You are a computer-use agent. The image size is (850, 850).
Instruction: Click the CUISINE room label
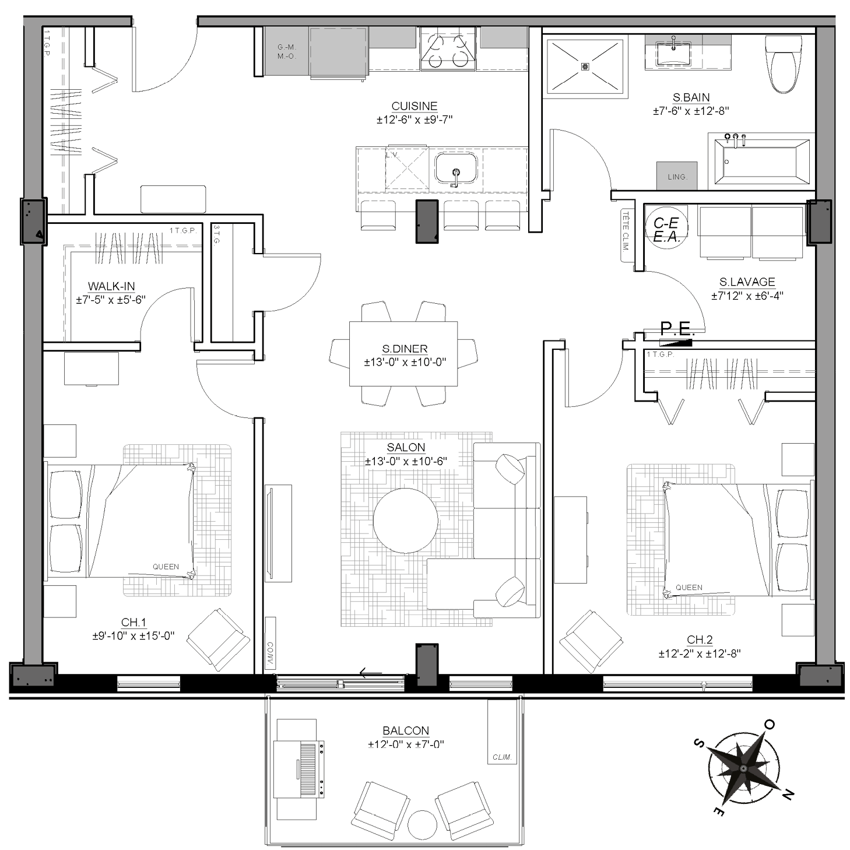coord(414,106)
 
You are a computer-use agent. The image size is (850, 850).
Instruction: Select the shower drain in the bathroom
coord(585,66)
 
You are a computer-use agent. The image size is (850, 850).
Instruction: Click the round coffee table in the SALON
coord(405,521)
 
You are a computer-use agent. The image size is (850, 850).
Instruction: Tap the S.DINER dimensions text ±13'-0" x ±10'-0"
coord(405,362)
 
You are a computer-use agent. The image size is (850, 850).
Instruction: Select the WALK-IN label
coord(111,286)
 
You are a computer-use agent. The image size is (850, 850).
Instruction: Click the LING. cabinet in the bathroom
coord(677,175)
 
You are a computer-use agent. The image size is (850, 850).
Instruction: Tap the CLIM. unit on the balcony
coord(502,739)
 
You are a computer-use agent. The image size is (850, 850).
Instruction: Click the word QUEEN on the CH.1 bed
coord(166,567)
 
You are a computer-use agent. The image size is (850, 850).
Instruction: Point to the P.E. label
coord(677,329)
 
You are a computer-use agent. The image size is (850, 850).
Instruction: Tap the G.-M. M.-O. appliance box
coord(286,52)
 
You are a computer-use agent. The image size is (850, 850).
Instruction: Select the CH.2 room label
coord(700,640)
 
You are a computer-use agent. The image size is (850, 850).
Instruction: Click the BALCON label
coord(406,731)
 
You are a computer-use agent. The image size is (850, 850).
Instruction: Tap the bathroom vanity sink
coord(673,54)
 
